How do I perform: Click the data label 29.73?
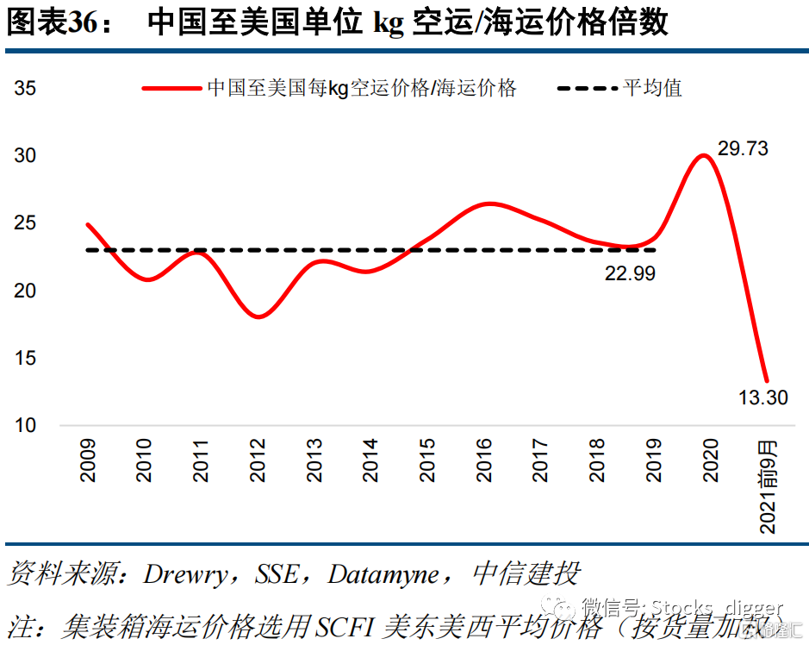[x=743, y=148]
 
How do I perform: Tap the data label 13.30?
[x=763, y=398]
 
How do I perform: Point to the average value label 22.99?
[x=629, y=274]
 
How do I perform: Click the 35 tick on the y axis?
[x=25, y=89]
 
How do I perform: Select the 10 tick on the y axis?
[x=25, y=426]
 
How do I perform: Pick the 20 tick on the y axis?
[x=25, y=291]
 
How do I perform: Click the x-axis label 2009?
[x=88, y=460]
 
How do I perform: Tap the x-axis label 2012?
[x=258, y=460]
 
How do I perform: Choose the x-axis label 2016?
[x=485, y=460]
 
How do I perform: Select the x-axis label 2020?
[x=712, y=460]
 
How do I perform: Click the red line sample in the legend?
[x=172, y=88]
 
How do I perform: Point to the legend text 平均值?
[x=653, y=88]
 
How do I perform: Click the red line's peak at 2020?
[x=704, y=156]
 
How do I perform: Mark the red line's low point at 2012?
[x=258, y=316]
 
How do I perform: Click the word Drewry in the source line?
[x=187, y=575]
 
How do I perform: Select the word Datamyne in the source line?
[x=383, y=575]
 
